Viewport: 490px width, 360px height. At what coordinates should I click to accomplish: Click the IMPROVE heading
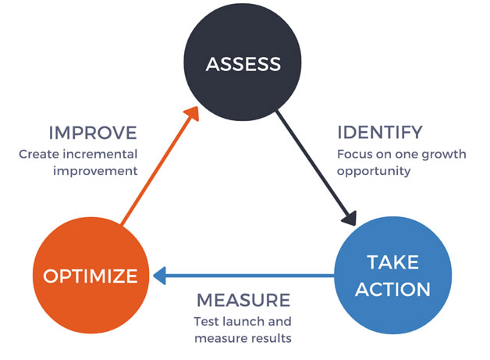93,132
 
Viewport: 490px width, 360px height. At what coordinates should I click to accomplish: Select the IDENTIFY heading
380,132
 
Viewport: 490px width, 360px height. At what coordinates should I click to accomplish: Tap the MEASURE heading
243,301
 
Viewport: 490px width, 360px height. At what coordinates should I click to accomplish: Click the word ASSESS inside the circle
243,63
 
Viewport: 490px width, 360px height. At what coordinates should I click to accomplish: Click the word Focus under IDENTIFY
355,153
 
